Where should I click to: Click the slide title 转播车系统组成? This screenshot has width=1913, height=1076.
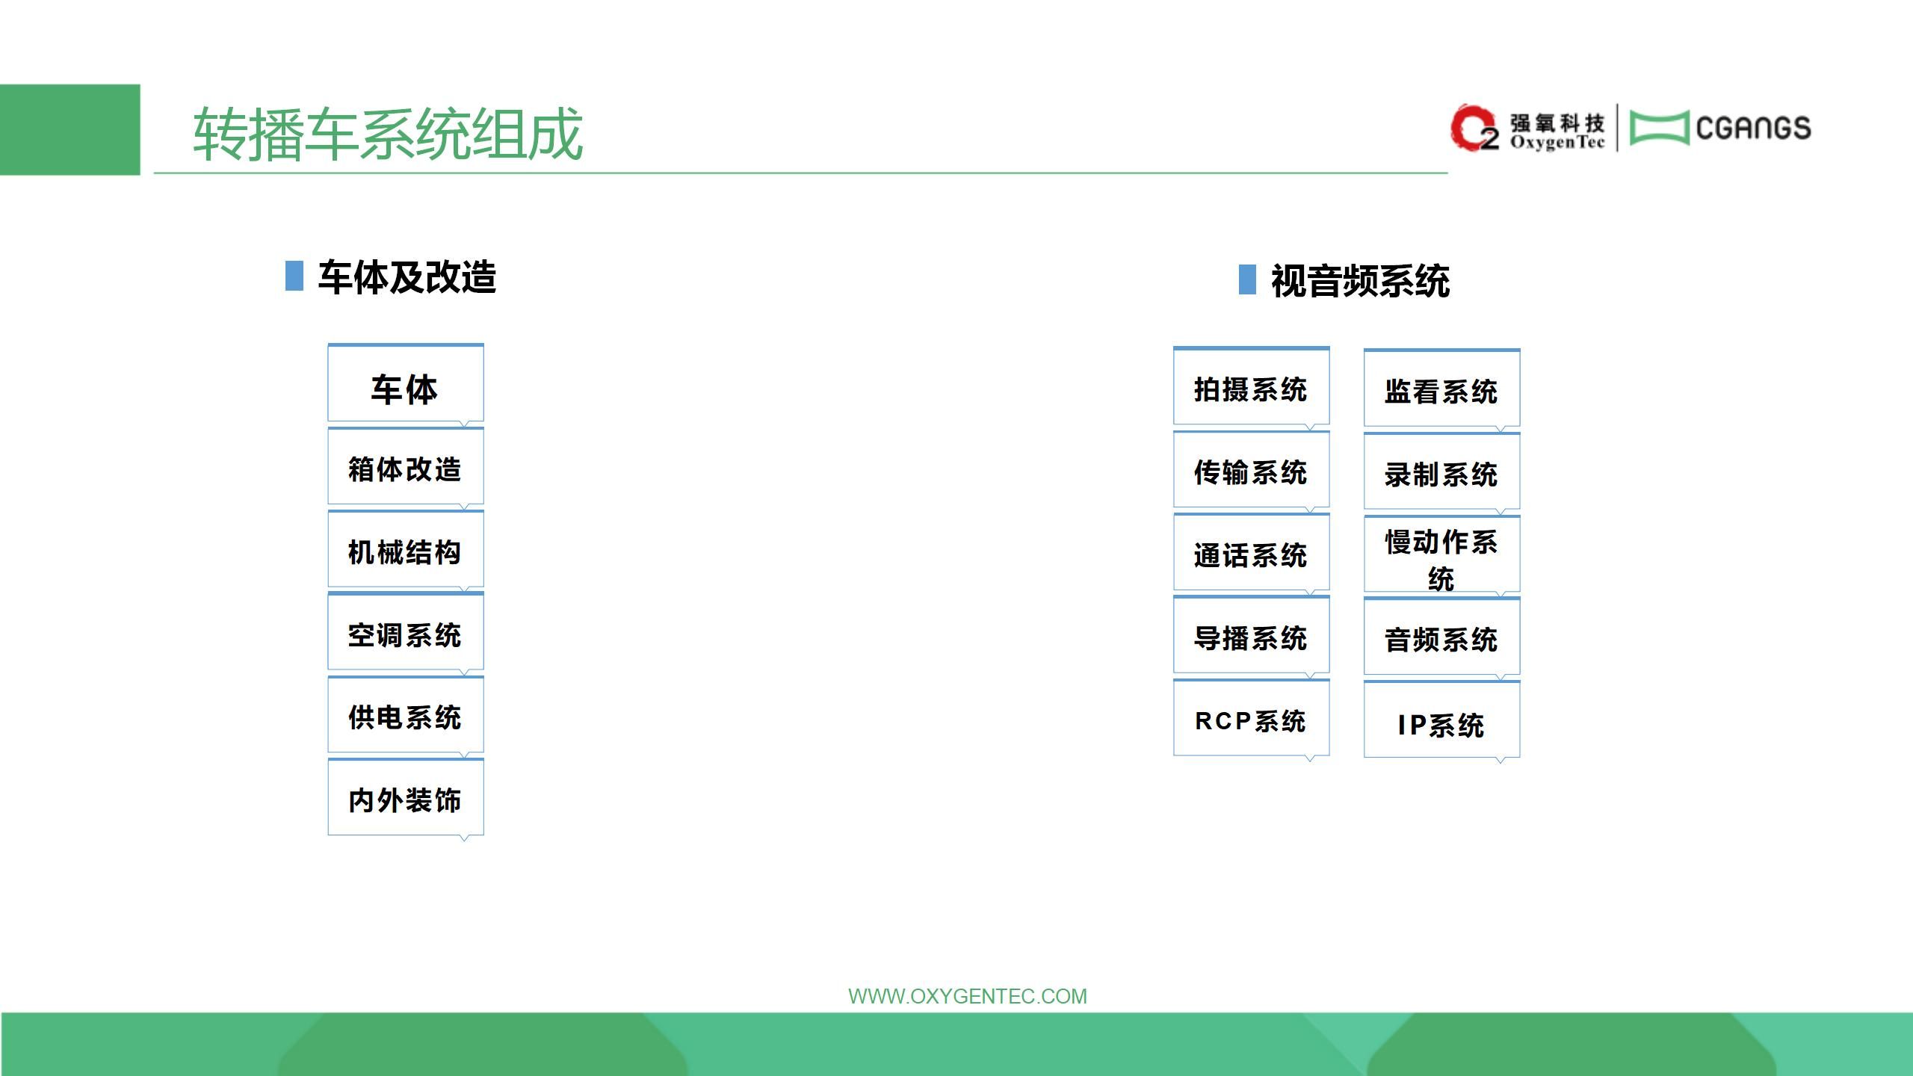[x=388, y=134]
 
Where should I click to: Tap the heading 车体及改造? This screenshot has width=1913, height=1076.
[x=407, y=276]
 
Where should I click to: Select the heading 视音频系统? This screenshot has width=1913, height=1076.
[x=1360, y=281]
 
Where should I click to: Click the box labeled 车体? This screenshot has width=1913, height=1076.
[x=406, y=384]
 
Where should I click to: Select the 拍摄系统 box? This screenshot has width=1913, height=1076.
[x=1252, y=387]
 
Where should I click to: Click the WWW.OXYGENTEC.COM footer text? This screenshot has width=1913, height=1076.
[x=968, y=996]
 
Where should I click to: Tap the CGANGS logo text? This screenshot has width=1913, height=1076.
[x=1753, y=128]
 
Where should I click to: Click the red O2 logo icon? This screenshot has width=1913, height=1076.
[x=1474, y=127]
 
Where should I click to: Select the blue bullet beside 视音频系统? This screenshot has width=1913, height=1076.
[x=1247, y=279]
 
